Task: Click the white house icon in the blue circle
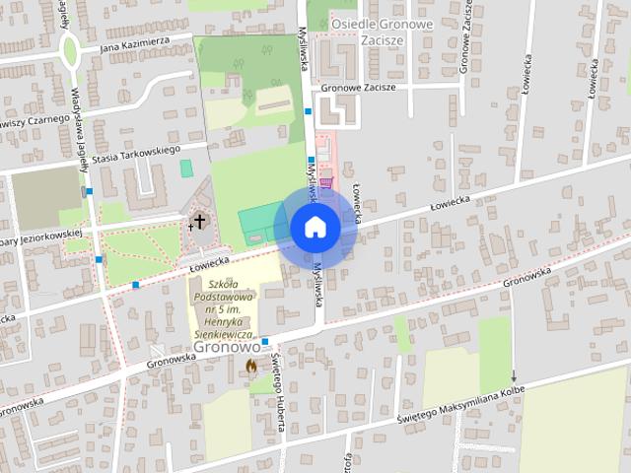point(315,228)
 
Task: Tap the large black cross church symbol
point(200,221)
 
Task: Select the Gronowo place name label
point(227,347)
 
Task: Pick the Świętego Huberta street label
point(280,395)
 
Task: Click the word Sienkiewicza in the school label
point(226,334)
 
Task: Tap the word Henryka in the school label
point(225,321)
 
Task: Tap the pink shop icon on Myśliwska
point(326,181)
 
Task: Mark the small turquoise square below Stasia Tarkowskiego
point(186,169)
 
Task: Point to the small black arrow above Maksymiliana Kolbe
point(513,375)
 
